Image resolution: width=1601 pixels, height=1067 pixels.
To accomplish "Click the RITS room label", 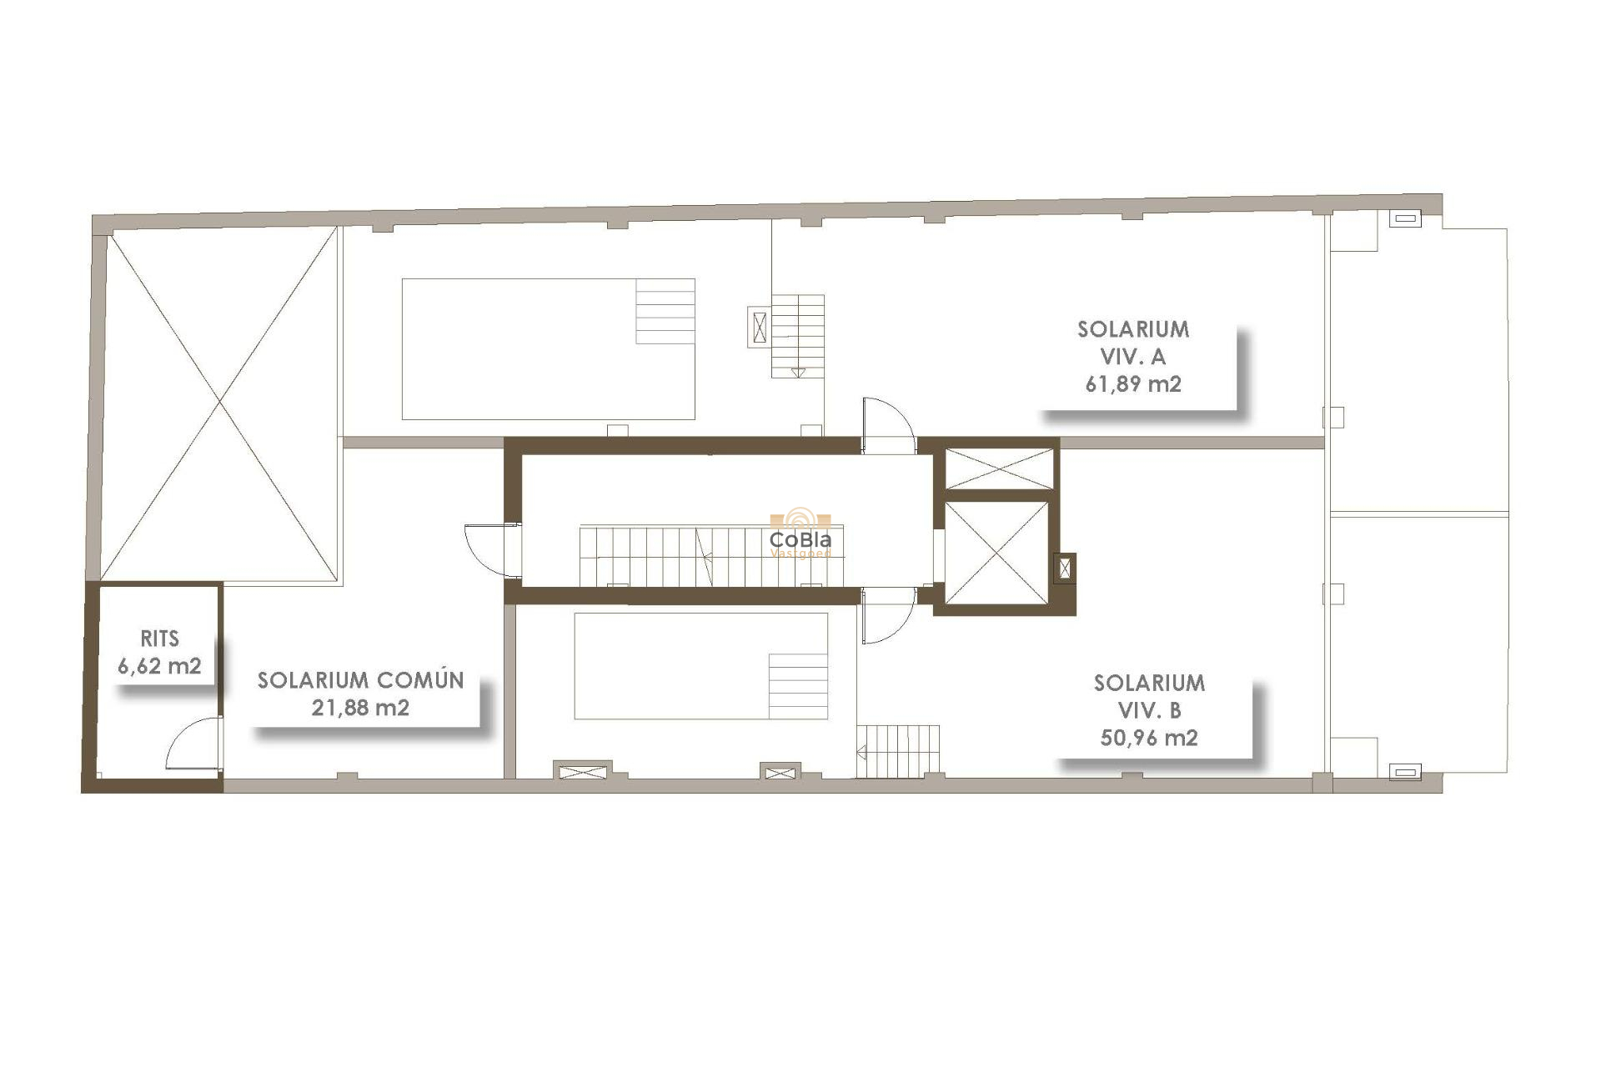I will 159,639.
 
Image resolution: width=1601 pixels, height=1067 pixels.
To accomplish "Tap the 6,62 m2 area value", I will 159,666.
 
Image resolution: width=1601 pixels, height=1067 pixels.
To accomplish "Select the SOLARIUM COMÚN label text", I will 360,680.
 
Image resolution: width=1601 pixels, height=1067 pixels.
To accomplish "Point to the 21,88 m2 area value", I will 360,708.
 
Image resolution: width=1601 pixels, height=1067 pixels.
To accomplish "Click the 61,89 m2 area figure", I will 1133,384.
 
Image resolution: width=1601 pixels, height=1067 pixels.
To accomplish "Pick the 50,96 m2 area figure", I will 1149,738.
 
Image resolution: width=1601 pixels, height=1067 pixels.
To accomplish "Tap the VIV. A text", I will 1133,357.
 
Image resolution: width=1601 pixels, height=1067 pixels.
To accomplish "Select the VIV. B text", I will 1149,710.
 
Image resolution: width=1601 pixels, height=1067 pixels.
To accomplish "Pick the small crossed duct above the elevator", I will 999,468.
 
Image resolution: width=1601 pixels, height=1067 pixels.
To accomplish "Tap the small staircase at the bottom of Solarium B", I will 898,751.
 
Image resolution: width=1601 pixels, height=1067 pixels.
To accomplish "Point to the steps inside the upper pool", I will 665,311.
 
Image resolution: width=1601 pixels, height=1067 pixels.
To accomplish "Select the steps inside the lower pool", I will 798,686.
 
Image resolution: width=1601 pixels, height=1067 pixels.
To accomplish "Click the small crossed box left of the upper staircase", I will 759,327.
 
